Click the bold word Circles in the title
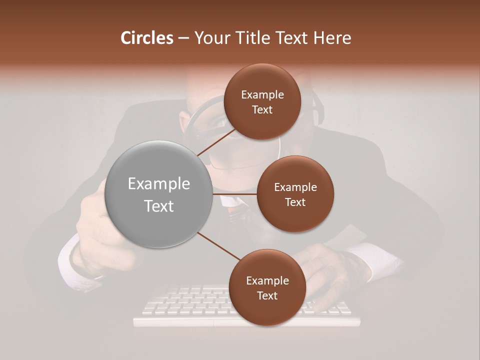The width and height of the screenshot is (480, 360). [x=147, y=38]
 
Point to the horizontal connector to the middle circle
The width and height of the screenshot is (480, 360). [x=235, y=194]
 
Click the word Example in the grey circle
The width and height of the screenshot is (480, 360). [x=159, y=184]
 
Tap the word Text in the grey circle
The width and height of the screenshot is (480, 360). [x=159, y=206]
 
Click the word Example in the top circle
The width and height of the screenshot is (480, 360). [x=262, y=95]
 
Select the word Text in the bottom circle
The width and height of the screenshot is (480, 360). [x=267, y=296]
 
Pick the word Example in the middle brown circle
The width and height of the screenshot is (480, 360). [x=295, y=187]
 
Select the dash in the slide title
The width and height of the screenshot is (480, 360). [x=183, y=38]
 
